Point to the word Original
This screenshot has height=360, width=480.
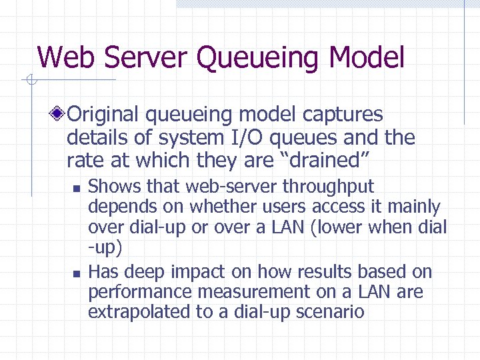tap(105, 115)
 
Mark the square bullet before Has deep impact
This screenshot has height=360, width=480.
tap(76, 273)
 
